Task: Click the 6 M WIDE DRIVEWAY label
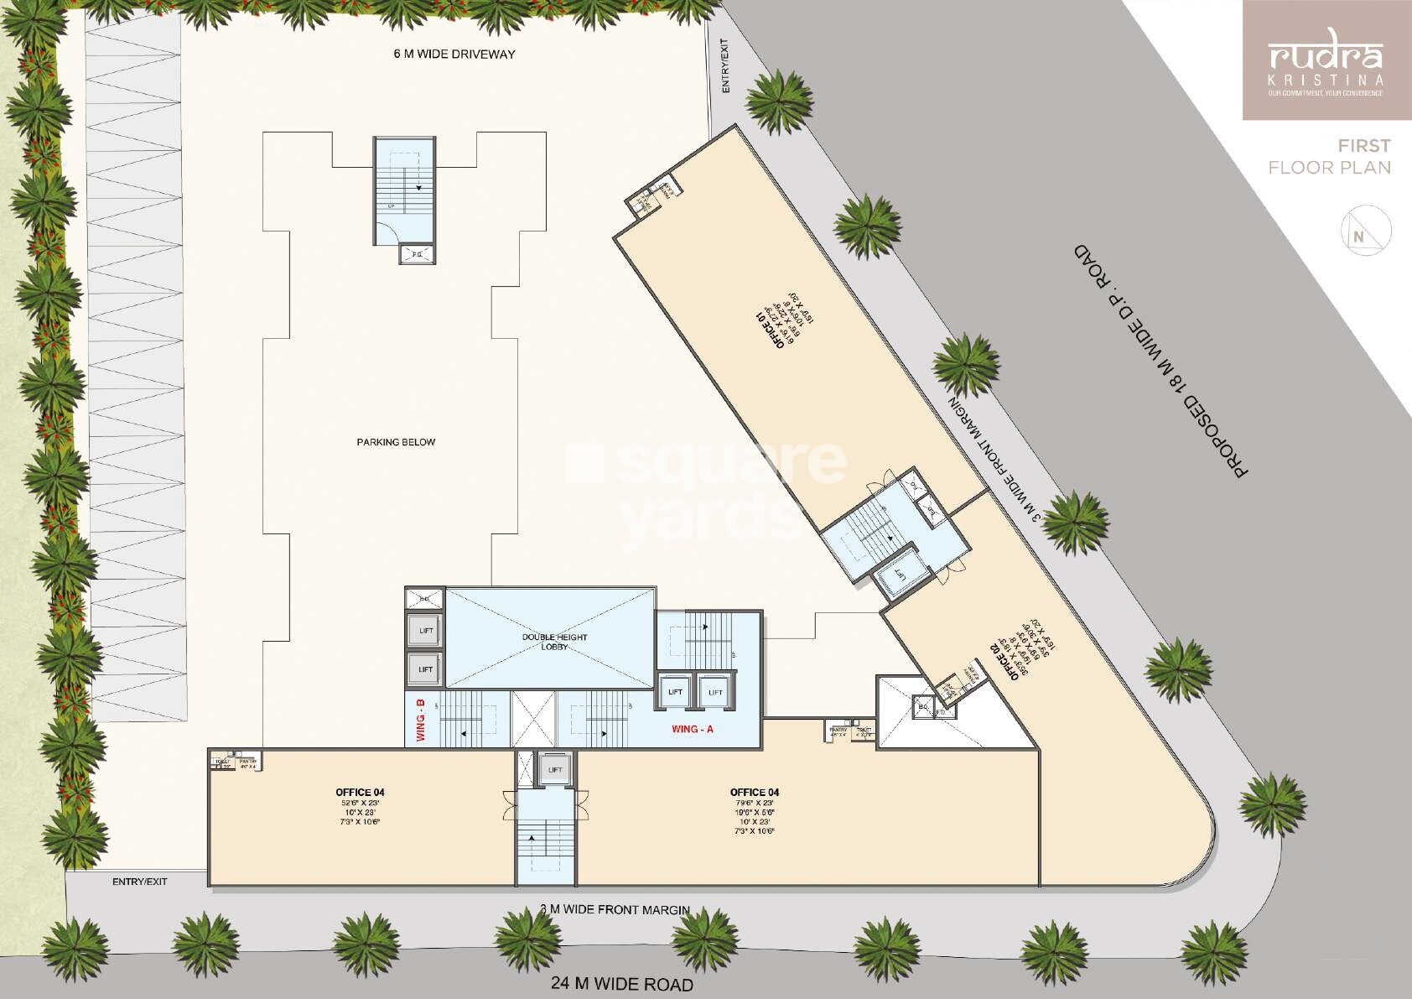click(x=454, y=55)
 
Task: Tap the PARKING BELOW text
click(x=396, y=442)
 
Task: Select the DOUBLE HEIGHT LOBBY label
click(x=555, y=642)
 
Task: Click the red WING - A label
click(x=693, y=729)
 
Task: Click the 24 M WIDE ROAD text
click(x=621, y=984)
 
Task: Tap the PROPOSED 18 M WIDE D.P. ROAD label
click(x=1161, y=362)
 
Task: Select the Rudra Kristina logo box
click(x=1326, y=60)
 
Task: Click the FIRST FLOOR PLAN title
click(x=1331, y=157)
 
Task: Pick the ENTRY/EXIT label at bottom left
click(x=140, y=882)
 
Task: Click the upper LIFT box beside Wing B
click(x=425, y=631)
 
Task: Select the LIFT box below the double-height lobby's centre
click(x=554, y=770)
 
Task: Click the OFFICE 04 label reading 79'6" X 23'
click(x=755, y=792)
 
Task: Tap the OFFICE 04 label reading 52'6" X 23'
click(x=360, y=792)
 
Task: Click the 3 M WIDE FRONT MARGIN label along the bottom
click(x=615, y=909)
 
